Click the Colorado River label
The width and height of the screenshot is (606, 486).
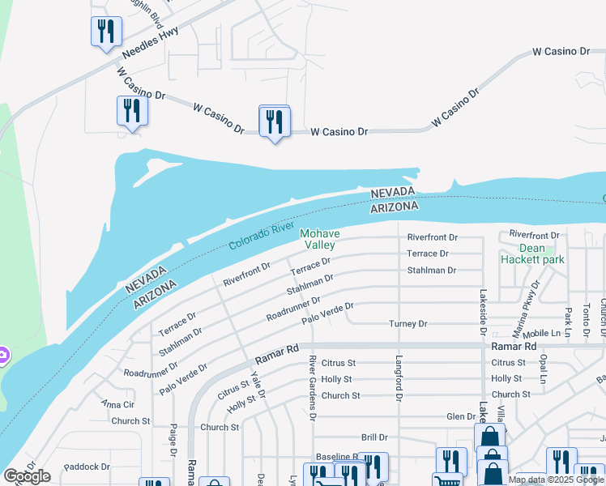(261, 236)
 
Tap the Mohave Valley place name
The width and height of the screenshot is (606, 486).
(320, 240)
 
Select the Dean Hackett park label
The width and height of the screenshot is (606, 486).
(532, 254)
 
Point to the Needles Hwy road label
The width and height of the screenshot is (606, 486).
(150, 42)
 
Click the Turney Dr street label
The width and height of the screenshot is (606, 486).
(408, 324)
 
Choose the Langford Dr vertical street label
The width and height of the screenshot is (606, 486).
(399, 377)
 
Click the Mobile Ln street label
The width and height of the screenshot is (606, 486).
(542, 333)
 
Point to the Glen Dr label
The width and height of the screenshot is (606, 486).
(460, 416)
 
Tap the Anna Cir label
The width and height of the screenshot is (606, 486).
(117, 403)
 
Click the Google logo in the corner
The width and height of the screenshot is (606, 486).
(27, 476)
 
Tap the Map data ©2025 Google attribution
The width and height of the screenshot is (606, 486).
(556, 480)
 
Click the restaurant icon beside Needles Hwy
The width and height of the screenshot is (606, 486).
(105, 32)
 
